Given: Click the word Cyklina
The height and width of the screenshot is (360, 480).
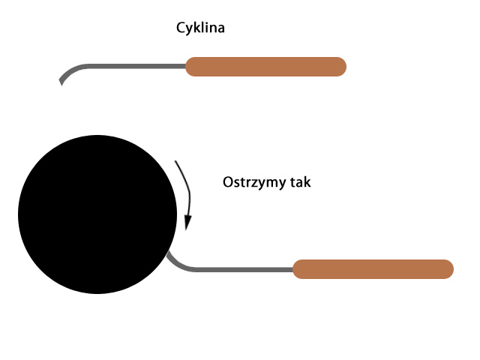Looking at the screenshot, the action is pos(200,28).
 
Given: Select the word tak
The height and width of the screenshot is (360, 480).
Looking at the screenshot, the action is pos(301,182).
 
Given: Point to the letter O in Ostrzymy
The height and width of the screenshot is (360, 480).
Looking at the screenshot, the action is pos(228,182).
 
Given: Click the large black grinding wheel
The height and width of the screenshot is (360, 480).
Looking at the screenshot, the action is pos(97,214).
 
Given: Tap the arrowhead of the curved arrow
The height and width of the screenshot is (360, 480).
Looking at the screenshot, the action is pos(187,223).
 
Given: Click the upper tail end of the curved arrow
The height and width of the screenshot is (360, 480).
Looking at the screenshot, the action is pos(175,161).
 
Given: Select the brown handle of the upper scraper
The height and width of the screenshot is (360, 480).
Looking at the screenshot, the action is pos(265,67).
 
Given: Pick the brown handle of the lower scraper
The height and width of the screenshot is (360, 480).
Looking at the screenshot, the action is pos(373,269).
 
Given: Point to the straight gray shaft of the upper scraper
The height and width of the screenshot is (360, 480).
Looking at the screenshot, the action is pos(136,67).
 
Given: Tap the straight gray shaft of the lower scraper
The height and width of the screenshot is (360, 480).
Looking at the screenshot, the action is pos(244,269).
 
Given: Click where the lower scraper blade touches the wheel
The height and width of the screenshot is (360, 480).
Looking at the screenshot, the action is pos(168,253).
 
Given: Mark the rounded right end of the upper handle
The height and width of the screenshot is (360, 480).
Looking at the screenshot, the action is pos(346,67).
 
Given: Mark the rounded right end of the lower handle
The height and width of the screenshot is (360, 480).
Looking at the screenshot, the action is pos(453,269).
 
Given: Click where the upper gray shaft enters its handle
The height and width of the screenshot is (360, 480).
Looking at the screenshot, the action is pos(185,67).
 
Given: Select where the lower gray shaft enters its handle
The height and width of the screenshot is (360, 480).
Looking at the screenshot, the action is pos(292,269).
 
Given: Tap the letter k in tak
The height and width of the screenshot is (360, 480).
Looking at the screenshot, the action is pos(307,181).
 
